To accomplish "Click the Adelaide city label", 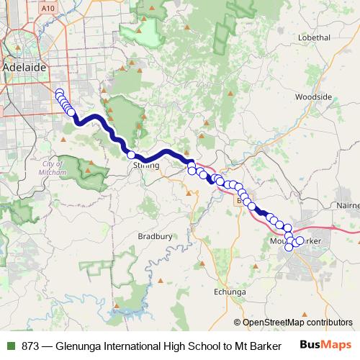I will tap(25, 67).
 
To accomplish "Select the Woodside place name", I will tap(313, 96).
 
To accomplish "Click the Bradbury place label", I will tap(155, 235).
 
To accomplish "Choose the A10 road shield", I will tap(48, 8).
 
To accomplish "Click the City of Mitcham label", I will tap(53, 168).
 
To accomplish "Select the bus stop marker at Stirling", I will tap(131, 155).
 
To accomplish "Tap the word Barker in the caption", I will tap(266, 345).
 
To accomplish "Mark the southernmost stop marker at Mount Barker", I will tap(289, 248).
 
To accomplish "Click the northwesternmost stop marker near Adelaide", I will tap(59, 92).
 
